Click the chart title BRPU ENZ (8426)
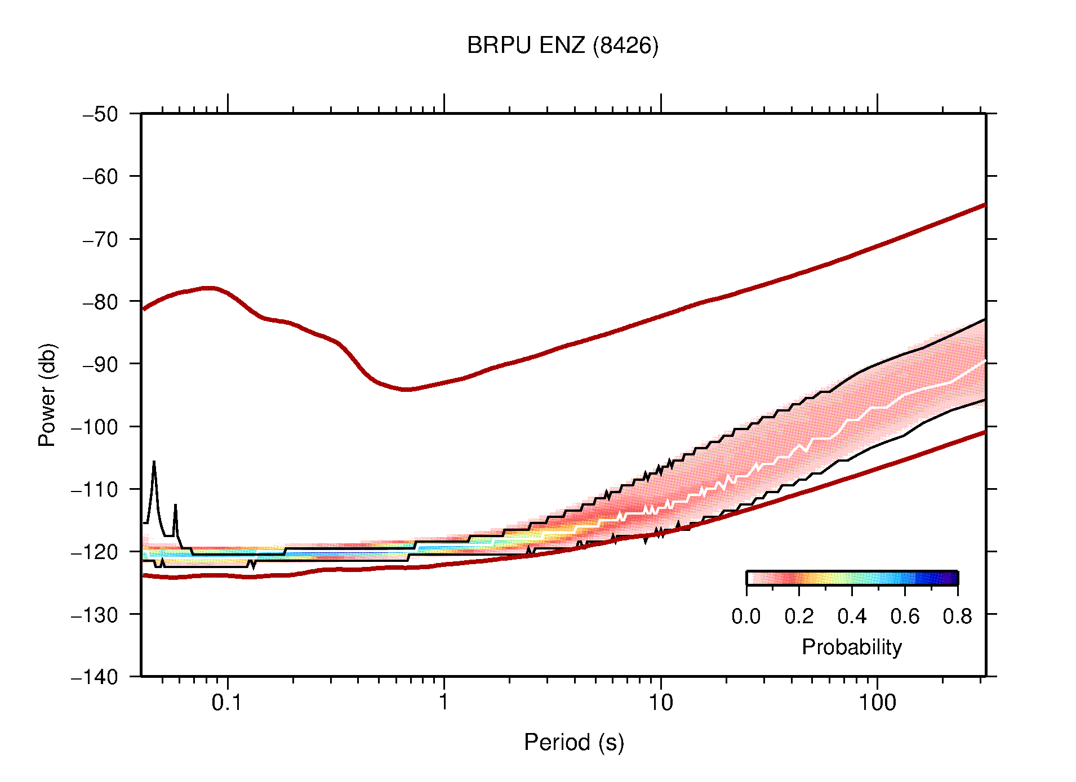562,46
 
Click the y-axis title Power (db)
47,395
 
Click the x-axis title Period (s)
573,742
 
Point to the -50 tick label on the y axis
100,114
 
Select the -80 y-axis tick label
100,302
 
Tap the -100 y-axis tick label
95,427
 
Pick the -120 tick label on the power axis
95,552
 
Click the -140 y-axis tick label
95,677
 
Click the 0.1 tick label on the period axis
227,702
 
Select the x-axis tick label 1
444,702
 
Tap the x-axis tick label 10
660,702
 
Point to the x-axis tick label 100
877,702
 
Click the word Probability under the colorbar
851,647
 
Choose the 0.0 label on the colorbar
746,616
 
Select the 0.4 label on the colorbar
852,616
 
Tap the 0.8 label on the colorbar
957,616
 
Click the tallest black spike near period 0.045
154,462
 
